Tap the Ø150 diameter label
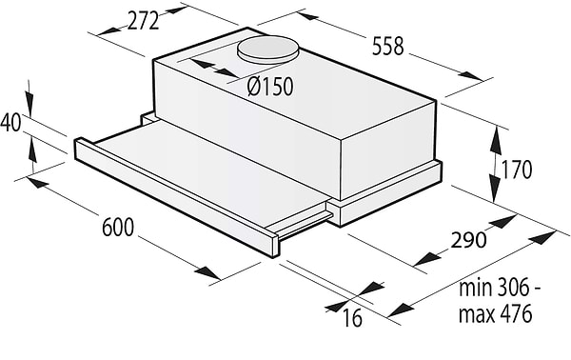(269, 88)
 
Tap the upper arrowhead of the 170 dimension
(497, 139)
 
